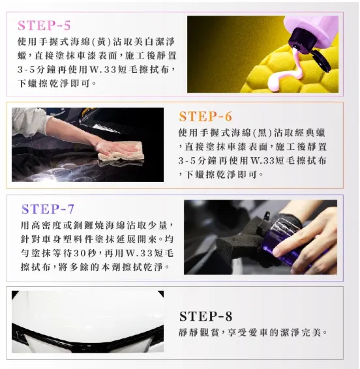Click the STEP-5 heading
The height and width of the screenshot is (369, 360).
click(44, 26)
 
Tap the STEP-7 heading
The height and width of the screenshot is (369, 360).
click(48, 209)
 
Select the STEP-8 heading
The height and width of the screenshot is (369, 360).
click(205, 316)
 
